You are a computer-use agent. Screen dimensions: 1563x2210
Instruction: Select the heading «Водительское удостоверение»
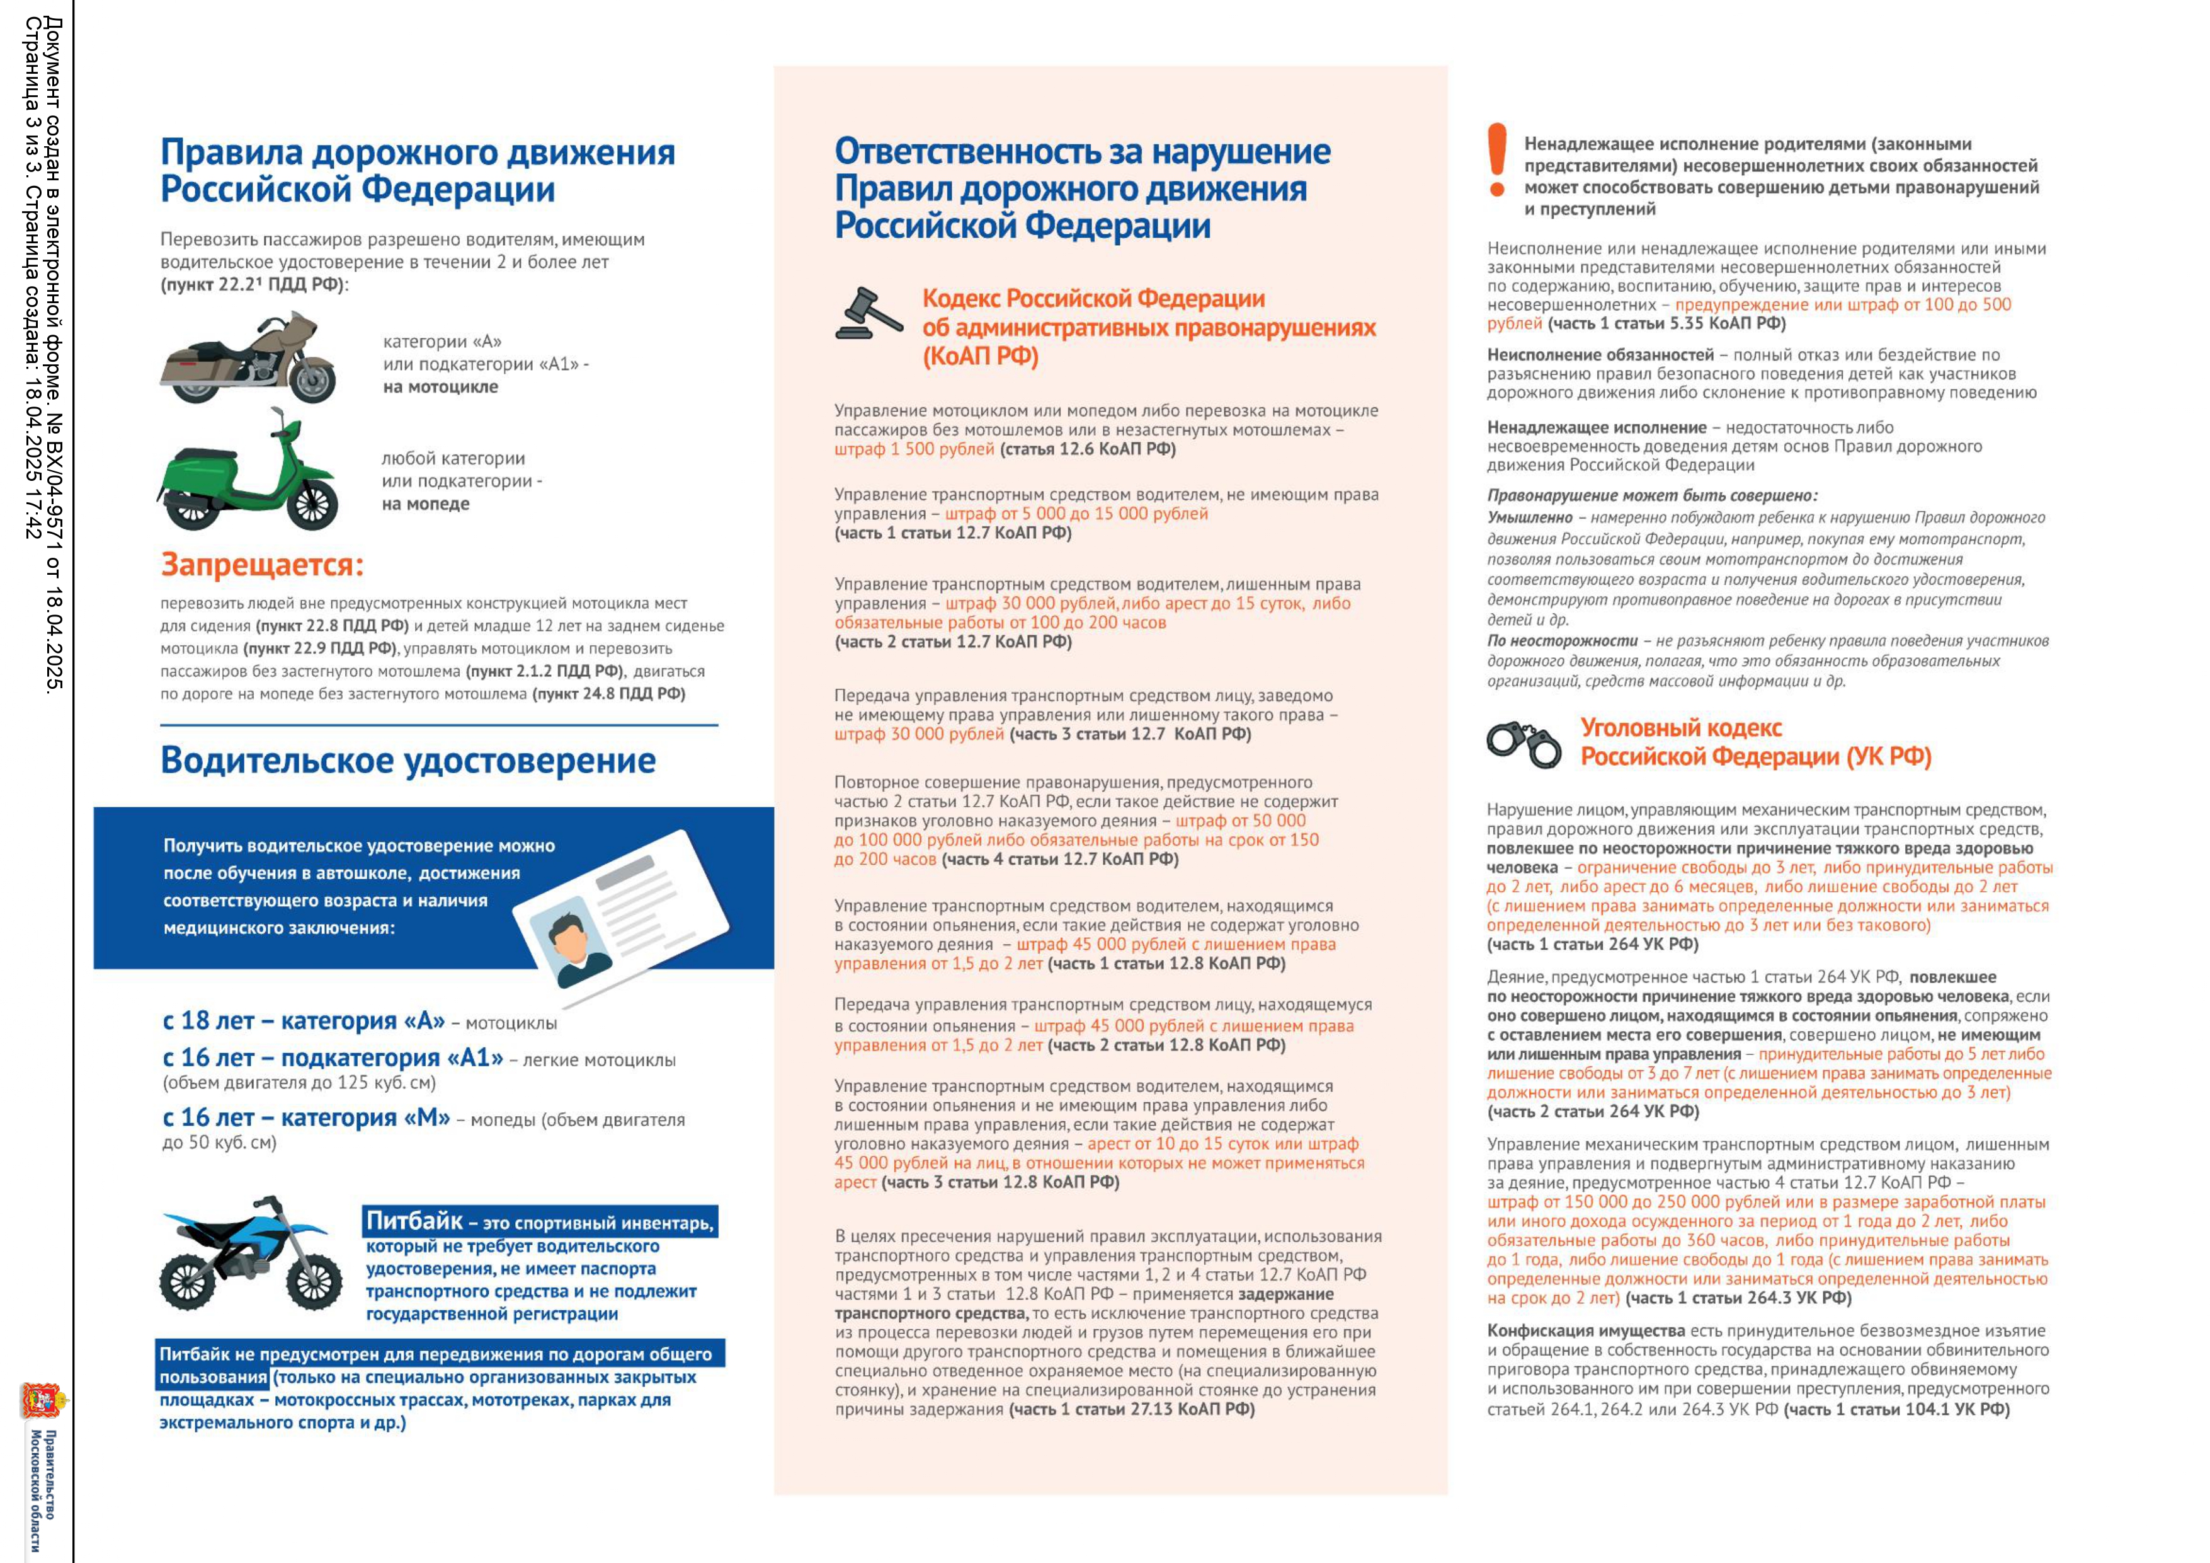click(408, 761)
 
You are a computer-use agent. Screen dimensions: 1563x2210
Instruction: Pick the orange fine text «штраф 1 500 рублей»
click(913, 450)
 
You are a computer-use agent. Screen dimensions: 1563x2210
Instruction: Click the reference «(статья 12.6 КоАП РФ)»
click(1088, 450)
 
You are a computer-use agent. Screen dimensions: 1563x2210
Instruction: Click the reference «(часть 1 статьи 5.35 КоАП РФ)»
click(1666, 323)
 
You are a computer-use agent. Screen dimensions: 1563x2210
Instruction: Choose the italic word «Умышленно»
click(1529, 518)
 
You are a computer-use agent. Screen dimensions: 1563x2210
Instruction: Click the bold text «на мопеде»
click(426, 504)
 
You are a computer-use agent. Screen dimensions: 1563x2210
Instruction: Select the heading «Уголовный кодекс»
click(1680, 728)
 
